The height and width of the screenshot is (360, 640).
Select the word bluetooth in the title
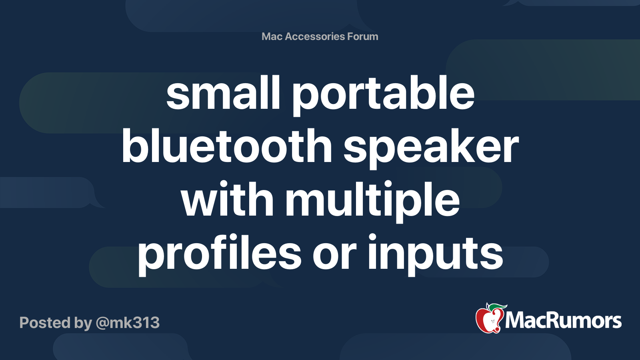pyautogui.click(x=227, y=146)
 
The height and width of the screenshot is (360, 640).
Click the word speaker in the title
pyautogui.click(x=431, y=148)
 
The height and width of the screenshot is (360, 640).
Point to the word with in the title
pyautogui.click(x=227, y=200)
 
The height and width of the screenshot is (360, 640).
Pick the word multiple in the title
pyautogui.click(x=372, y=201)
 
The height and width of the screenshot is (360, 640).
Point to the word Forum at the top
pyautogui.click(x=362, y=36)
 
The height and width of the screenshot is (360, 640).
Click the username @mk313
pyautogui.click(x=128, y=322)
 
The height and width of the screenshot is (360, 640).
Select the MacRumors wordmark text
pyautogui.click(x=563, y=320)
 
